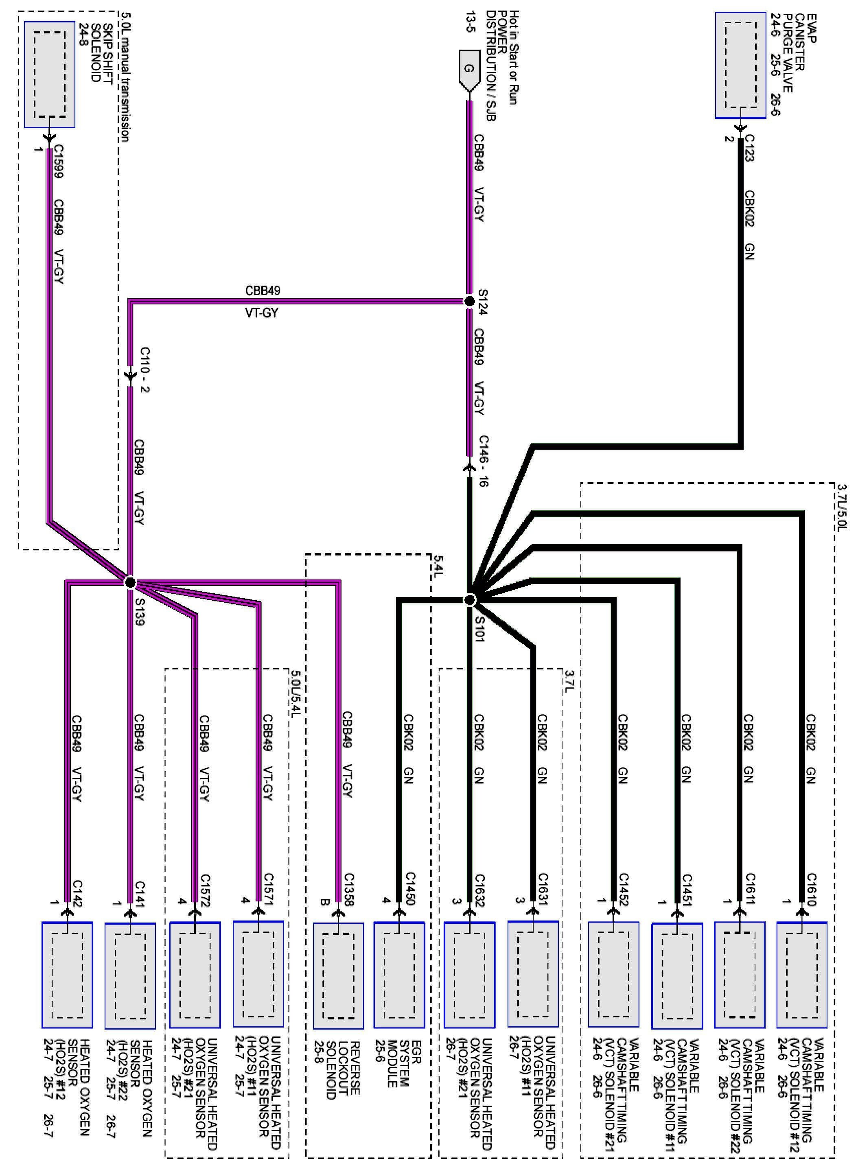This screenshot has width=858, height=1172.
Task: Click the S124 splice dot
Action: (x=469, y=301)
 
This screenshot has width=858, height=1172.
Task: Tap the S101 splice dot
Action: (x=469, y=600)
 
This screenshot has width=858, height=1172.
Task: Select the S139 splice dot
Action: (x=130, y=582)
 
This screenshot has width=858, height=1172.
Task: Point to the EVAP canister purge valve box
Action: (x=740, y=66)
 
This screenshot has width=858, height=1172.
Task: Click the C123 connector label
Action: (x=749, y=148)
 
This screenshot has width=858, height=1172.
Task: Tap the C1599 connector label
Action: (x=59, y=162)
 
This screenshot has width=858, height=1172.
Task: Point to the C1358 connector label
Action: (x=348, y=889)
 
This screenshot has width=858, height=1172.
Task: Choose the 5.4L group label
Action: (x=438, y=566)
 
